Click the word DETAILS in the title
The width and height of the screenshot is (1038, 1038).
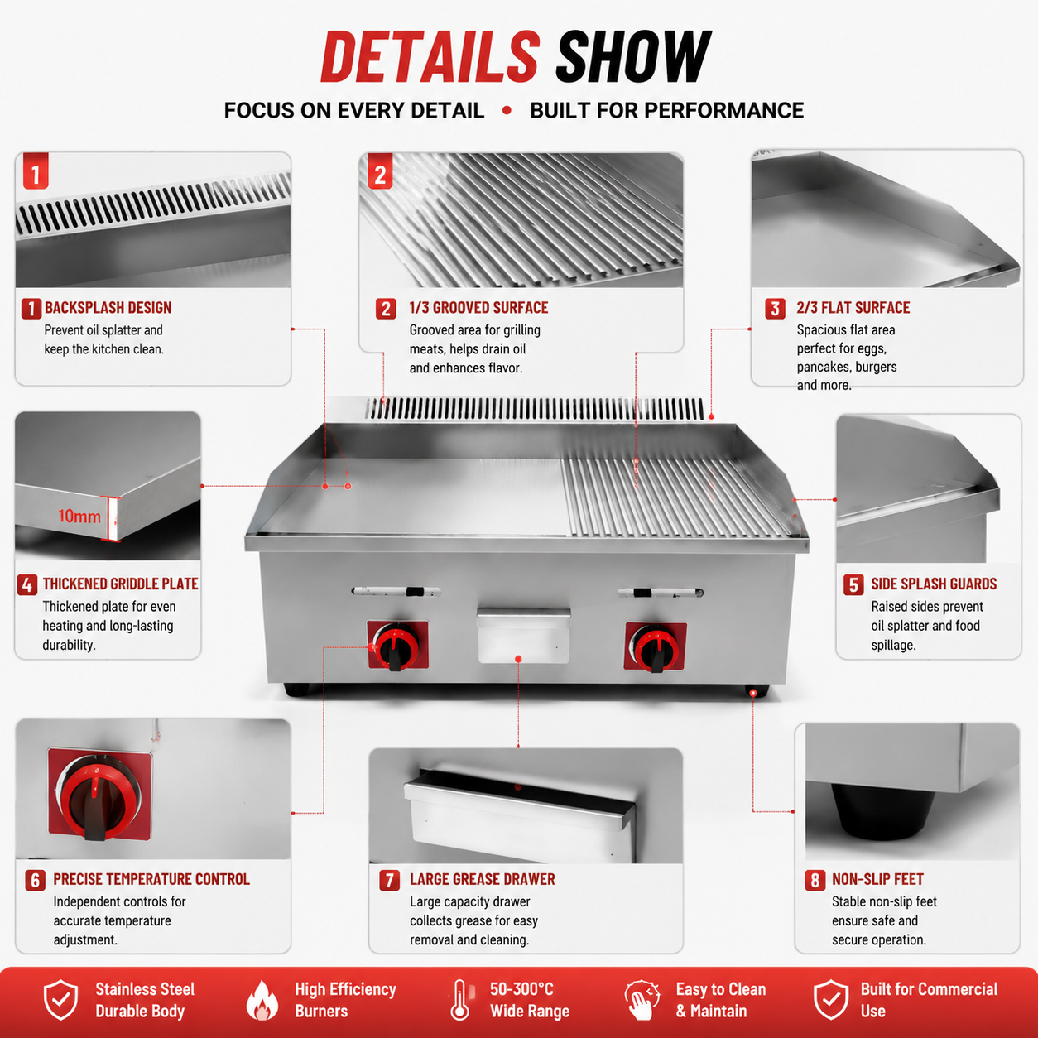pyautogui.click(x=430, y=56)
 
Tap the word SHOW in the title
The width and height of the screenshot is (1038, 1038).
pyautogui.click(x=633, y=56)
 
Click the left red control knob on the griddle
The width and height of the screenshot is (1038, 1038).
pyautogui.click(x=397, y=646)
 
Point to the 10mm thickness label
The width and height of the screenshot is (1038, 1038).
pyautogui.click(x=79, y=517)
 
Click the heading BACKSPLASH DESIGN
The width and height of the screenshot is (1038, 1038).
pyautogui.click(x=108, y=308)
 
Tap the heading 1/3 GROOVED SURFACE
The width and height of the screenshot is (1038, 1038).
pyautogui.click(x=479, y=308)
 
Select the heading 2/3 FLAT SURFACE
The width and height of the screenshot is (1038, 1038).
pyautogui.click(x=853, y=308)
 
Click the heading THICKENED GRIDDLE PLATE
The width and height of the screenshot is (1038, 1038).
pyautogui.click(x=121, y=584)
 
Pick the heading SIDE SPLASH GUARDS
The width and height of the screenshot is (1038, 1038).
pyautogui.click(x=934, y=584)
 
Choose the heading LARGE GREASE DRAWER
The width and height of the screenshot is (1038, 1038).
pyautogui.click(x=483, y=879)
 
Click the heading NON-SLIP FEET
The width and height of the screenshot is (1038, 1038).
pyautogui.click(x=877, y=879)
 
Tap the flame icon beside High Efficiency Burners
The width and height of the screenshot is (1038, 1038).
pyautogui.click(x=262, y=1000)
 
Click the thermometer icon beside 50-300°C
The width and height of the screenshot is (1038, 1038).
pyautogui.click(x=459, y=1000)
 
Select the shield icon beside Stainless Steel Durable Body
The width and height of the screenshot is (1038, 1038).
pyautogui.click(x=61, y=1000)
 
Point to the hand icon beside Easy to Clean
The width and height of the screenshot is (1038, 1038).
pyautogui.click(x=642, y=1000)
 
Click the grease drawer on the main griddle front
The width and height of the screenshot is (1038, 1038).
pyautogui.click(x=524, y=637)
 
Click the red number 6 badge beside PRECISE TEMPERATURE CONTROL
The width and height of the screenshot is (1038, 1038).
pyautogui.click(x=35, y=880)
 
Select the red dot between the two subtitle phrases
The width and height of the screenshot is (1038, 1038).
pyautogui.click(x=507, y=110)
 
